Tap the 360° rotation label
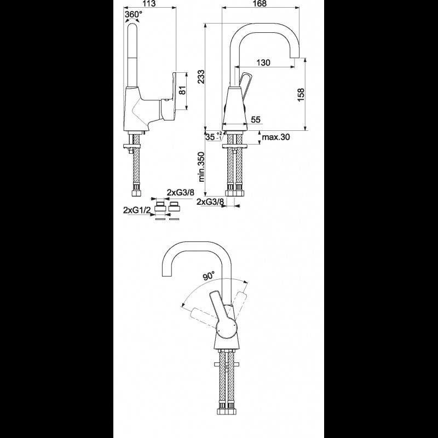[x=133, y=14]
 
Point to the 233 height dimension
[x=201, y=77]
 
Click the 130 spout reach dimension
[x=263, y=62]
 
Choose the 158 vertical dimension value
[x=301, y=95]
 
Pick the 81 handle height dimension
[x=182, y=90]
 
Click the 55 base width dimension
[x=256, y=119]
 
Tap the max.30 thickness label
[x=276, y=137]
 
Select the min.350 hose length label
[x=201, y=167]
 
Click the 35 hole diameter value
[x=210, y=137]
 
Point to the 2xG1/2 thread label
[x=137, y=210]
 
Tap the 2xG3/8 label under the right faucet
[x=210, y=201]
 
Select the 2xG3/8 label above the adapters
[x=181, y=193]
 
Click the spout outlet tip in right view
[x=295, y=57]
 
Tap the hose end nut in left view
[x=136, y=193]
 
